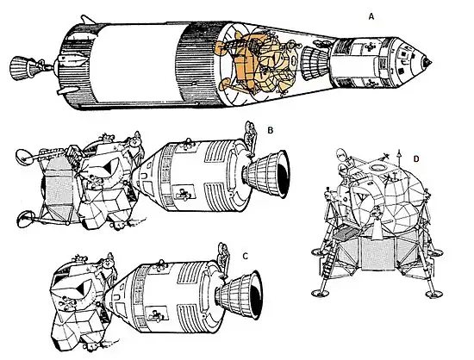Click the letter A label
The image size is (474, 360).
pos(371,17)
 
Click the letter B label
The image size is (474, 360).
pos(271,130)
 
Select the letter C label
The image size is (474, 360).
pos(246,257)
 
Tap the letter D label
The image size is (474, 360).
pos(416,158)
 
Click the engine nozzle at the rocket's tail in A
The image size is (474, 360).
pos(22,68)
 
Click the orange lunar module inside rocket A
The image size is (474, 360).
pos(257,63)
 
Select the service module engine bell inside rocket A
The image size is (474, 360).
pos(315,64)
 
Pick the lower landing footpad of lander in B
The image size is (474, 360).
pos(26,219)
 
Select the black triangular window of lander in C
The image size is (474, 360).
pos(82,289)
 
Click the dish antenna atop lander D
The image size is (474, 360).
pos(341,155)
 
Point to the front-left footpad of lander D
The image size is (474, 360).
pos(320,292)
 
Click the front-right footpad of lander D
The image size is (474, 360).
pos(433,294)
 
